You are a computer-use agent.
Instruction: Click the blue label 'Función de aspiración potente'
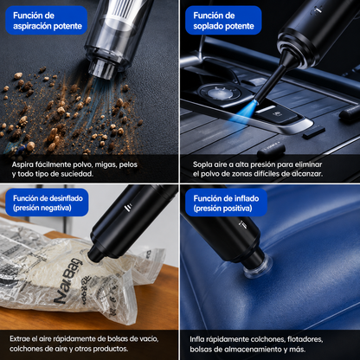tap(47, 20)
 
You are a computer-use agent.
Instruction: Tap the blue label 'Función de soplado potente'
tap(223, 20)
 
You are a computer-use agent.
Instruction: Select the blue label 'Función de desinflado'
tap(47, 202)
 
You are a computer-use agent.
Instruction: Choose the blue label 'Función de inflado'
tap(226, 202)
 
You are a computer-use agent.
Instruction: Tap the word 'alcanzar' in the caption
tap(306, 174)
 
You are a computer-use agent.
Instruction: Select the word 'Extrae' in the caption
tap(20, 338)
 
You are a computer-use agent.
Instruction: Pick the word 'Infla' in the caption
tap(197, 339)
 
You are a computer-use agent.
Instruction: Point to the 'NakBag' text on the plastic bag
tap(67, 281)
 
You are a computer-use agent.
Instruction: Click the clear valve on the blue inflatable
tap(257, 266)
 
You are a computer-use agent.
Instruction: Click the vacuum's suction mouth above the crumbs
tap(102, 68)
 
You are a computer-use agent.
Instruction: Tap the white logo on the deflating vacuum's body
tap(127, 208)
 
